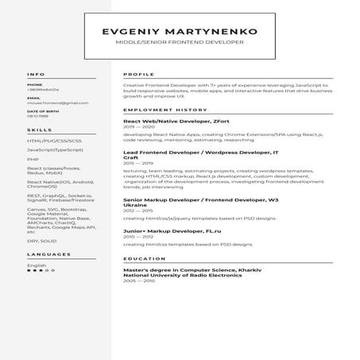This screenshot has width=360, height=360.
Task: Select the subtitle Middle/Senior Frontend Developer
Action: click(x=180, y=42)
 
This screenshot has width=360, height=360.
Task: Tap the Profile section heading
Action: click(x=139, y=74)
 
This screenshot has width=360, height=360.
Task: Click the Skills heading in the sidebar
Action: click(x=40, y=129)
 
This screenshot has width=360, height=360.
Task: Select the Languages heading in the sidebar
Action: click(x=48, y=254)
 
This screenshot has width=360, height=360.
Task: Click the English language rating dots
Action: click(x=36, y=271)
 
